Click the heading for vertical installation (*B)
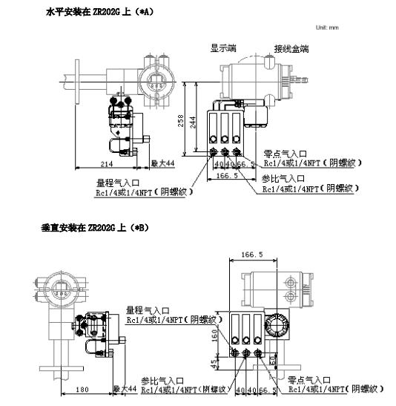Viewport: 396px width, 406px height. (95, 227)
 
